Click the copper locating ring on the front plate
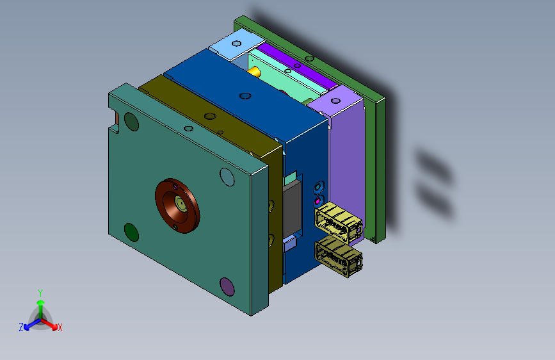[177, 206]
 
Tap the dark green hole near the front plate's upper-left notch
[131, 122]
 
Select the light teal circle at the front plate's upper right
[227, 177]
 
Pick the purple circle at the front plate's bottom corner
[227, 286]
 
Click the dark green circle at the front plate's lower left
[131, 232]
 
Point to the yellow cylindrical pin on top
[254, 72]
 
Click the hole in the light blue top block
[236, 44]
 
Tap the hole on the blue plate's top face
[245, 95]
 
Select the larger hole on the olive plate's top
[210, 116]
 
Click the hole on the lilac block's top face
[335, 101]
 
